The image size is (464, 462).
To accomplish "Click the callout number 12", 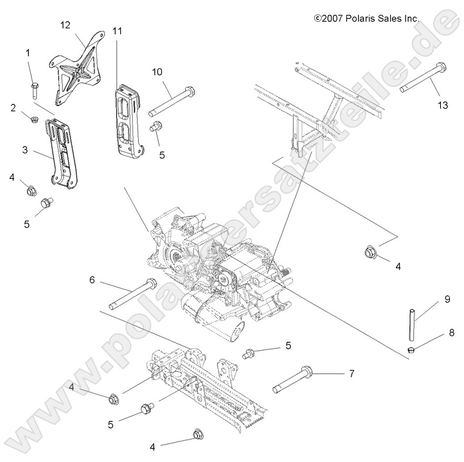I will pyautogui.click(x=66, y=24).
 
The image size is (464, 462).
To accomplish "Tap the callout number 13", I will pyautogui.click(x=442, y=105).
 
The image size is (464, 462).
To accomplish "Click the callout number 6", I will pyautogui.click(x=92, y=279).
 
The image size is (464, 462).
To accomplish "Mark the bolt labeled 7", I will pyautogui.click(x=301, y=379).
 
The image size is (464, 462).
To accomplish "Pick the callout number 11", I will pyautogui.click(x=117, y=31).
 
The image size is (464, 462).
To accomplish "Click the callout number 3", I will pyautogui.click(x=24, y=150).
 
